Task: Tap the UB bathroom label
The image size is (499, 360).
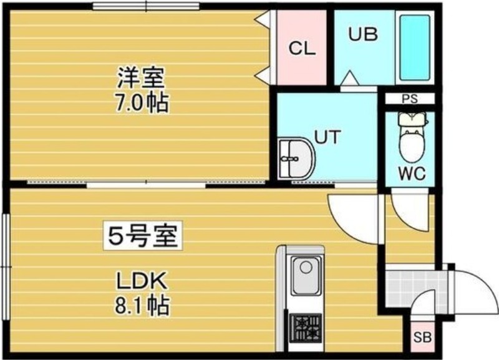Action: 362,34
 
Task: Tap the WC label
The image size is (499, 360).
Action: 411,174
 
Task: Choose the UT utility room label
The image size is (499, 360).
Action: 327,137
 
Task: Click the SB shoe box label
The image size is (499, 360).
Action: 422,339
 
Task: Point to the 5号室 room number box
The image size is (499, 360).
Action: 142,236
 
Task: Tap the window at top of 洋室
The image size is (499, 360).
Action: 146,6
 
